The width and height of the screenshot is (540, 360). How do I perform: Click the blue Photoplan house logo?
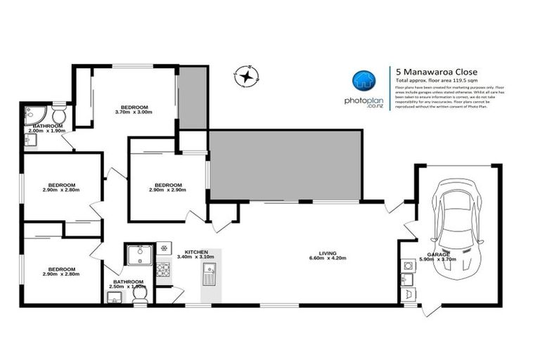tap(362, 81)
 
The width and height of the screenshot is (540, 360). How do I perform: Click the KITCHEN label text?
tap(195, 251)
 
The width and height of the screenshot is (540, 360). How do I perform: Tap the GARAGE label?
tap(438, 254)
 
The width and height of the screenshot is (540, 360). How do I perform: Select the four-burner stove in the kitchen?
tap(162, 269)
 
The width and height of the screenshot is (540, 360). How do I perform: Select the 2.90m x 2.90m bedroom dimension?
tap(167, 190)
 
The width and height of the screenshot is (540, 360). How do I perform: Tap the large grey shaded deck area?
tap(285, 165)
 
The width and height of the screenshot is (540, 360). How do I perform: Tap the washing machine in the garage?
tap(407, 266)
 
